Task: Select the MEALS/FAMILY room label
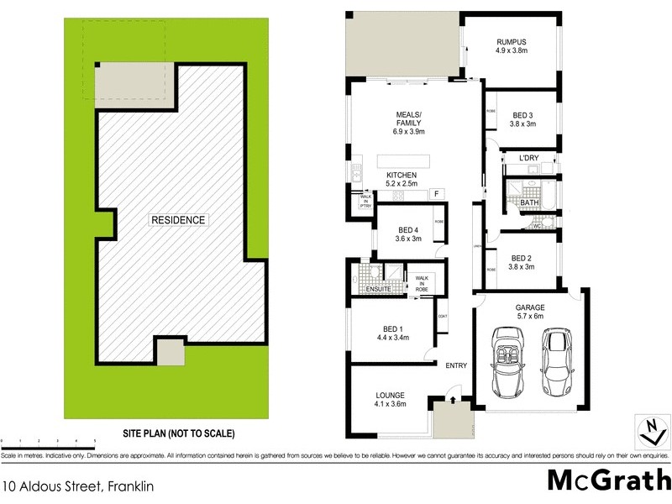(409, 123)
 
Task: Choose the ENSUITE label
(379, 290)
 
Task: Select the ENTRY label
(456, 365)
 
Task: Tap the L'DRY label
(528, 158)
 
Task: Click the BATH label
(529, 202)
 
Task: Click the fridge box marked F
(436, 194)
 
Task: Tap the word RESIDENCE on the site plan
(177, 220)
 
